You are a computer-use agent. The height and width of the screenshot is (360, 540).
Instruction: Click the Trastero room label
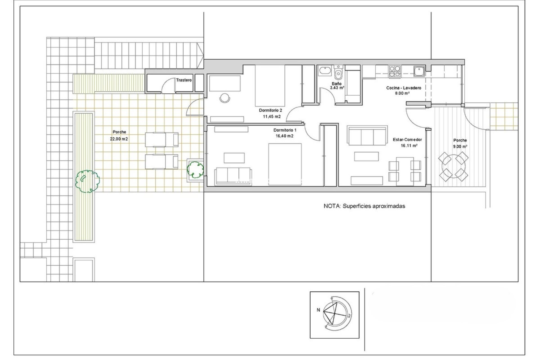tap(184, 80)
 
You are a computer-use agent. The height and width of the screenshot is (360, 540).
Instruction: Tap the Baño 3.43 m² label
tap(337, 86)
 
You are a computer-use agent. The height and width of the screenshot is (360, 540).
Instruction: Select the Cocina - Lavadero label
tap(404, 88)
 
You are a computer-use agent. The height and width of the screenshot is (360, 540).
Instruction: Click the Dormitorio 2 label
tap(270, 111)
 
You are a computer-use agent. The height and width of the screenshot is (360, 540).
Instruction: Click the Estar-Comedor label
tap(407, 140)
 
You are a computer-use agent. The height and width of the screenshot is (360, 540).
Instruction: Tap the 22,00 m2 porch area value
tap(119, 139)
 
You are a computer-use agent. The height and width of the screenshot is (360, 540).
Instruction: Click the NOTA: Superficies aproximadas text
tap(364, 206)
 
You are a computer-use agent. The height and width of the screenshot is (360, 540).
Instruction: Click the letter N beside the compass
tap(318, 310)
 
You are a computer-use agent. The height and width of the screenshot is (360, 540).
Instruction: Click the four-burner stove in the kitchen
tap(395, 71)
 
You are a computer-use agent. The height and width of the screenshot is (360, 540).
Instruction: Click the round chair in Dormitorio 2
tap(224, 98)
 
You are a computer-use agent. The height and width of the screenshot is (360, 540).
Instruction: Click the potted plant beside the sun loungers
tap(195, 169)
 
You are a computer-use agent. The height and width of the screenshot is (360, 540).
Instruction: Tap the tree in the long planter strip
tap(87, 181)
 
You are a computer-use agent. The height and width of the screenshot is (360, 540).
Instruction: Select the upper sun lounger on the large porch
tap(162, 140)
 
